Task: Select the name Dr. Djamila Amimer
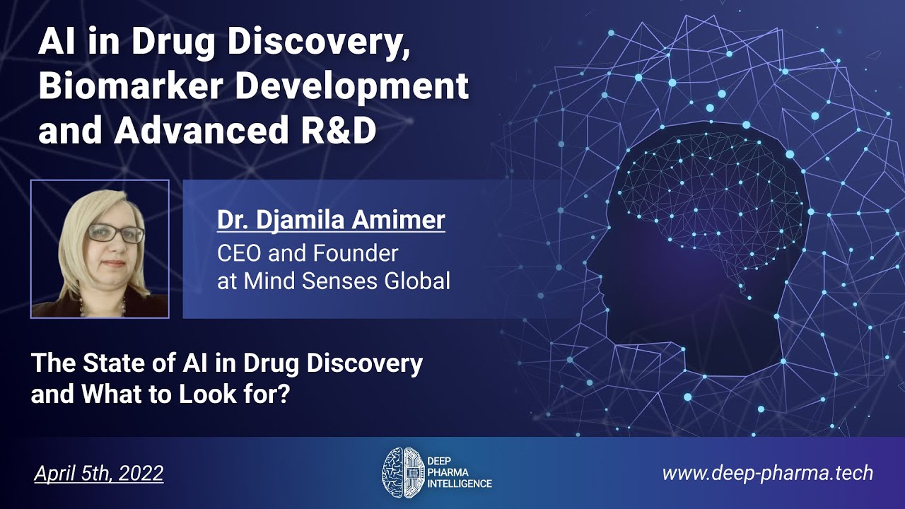331,220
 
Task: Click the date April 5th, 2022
98,472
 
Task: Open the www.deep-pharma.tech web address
767,472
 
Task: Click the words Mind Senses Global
347,281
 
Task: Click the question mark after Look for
285,394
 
